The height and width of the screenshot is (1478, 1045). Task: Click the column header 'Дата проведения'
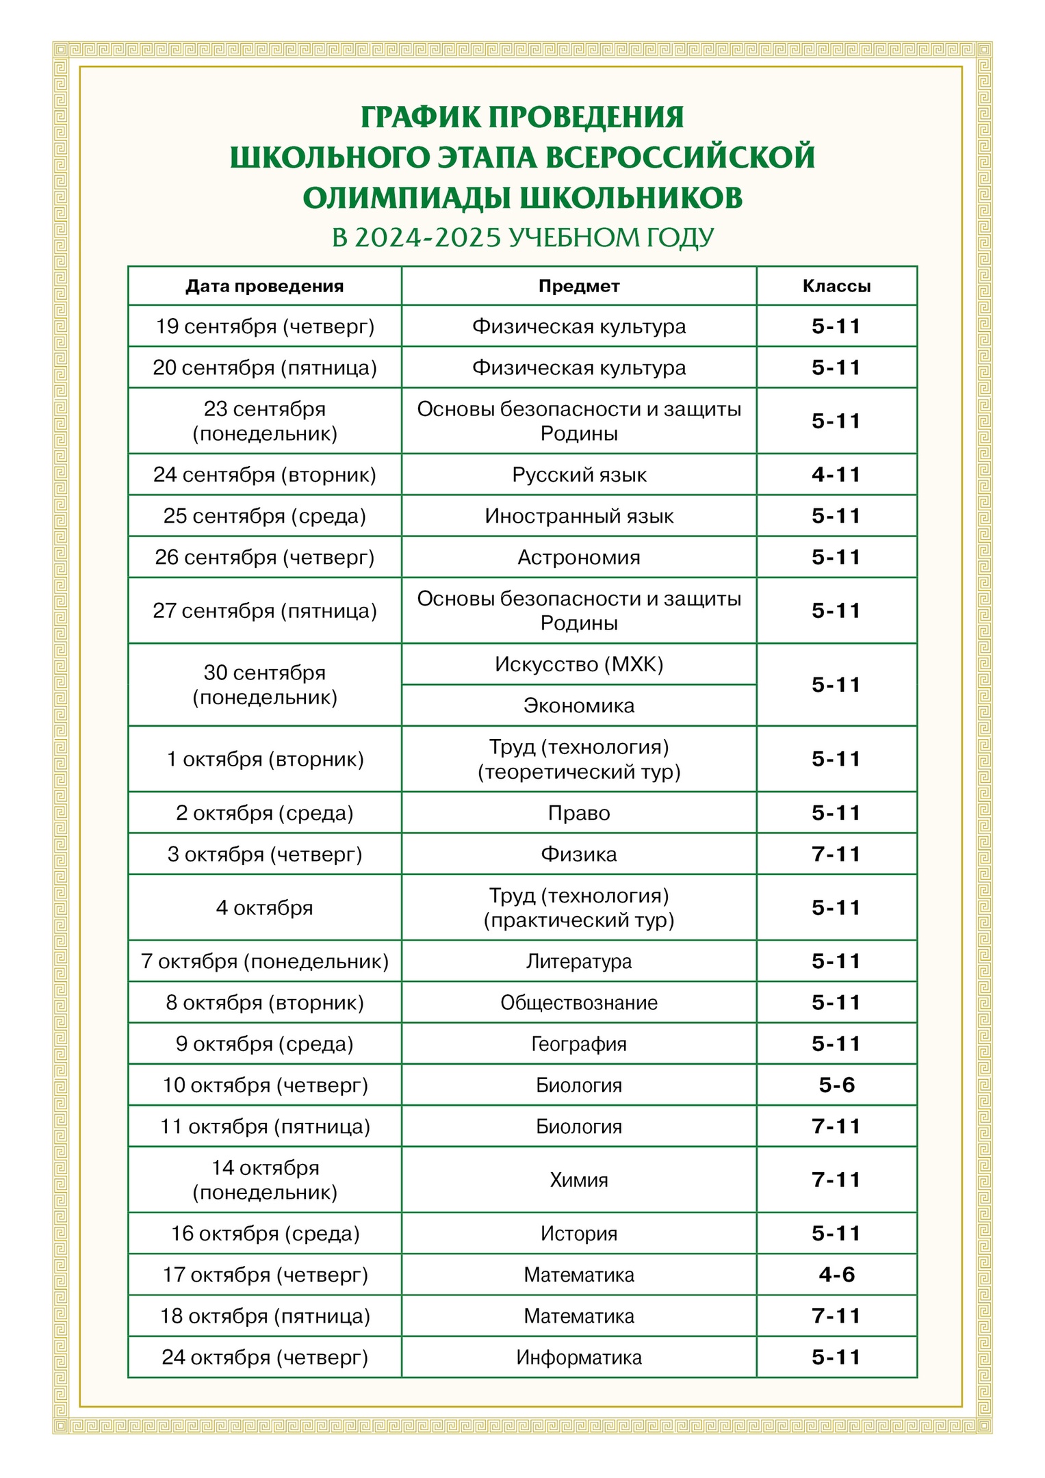point(264,286)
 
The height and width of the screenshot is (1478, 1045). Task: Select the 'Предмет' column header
point(578,286)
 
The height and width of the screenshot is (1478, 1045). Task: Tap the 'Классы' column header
point(836,286)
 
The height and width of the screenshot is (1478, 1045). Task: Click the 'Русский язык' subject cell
point(578,475)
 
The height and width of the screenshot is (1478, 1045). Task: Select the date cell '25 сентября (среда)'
point(264,516)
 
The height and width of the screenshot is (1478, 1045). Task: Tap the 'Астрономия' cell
point(578,557)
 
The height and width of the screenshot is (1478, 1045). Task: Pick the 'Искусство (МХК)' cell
point(578,664)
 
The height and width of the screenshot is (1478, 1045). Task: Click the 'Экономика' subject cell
point(578,705)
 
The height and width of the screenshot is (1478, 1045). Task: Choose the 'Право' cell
point(578,813)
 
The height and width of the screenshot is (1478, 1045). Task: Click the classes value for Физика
point(836,854)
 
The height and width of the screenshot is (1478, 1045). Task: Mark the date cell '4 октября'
point(264,908)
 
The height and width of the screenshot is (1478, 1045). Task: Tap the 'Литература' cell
point(578,961)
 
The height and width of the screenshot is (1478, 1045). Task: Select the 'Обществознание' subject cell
point(578,1002)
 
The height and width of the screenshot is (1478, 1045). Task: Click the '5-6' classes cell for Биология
point(836,1085)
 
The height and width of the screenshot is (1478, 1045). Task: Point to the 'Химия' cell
point(578,1180)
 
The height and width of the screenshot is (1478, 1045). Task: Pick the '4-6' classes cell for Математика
point(836,1274)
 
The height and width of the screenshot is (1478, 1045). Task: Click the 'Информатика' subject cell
point(578,1357)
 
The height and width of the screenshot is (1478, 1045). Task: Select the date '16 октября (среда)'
point(264,1233)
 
